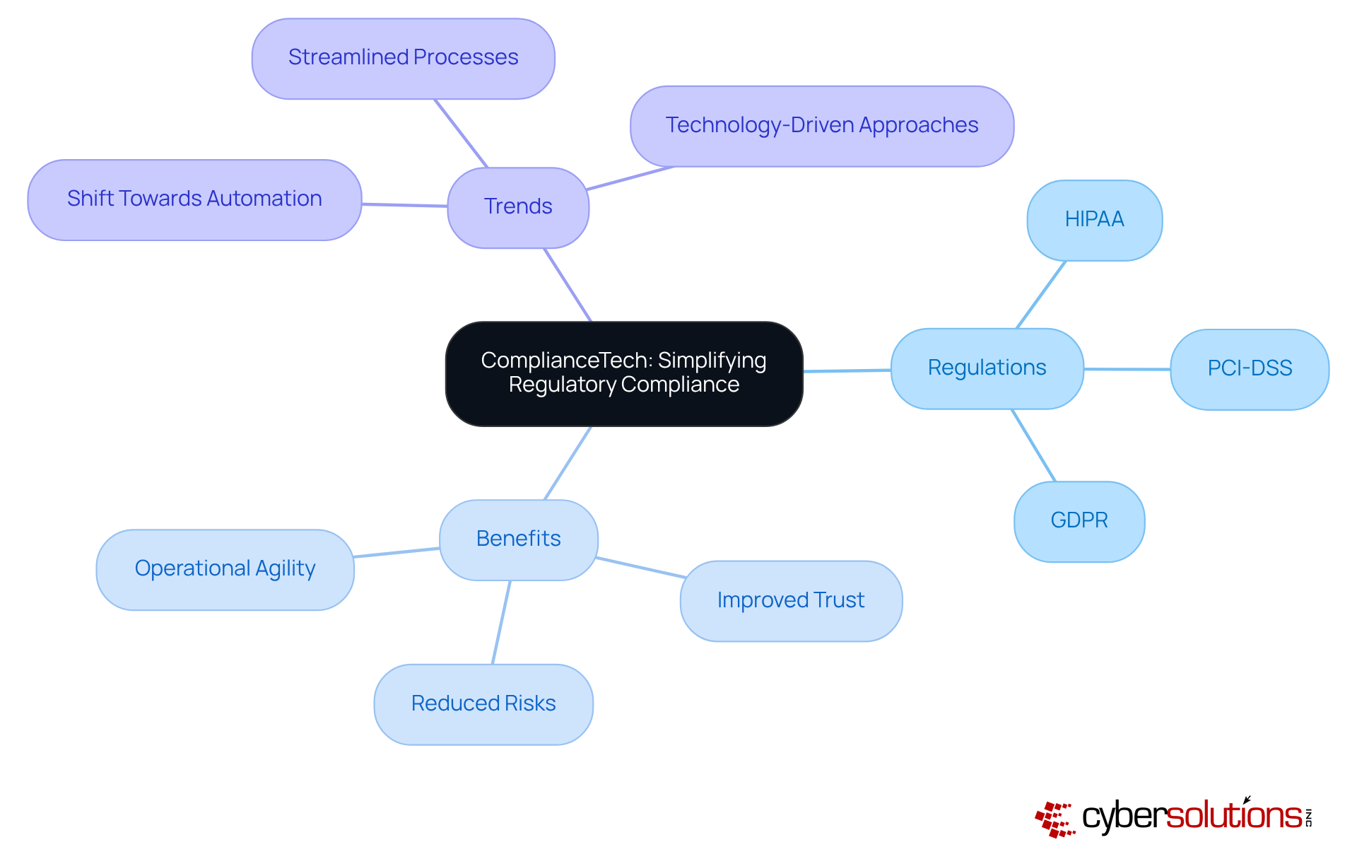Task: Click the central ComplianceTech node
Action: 624,373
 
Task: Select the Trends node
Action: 518,207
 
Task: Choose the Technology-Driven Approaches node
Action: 821,127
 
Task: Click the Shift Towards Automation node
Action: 194,199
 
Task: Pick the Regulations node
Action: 987,368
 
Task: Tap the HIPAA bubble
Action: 1094,220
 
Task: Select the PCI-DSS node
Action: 1249,369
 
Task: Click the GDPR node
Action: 1079,521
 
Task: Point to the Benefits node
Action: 518,539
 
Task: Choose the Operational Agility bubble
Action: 225,569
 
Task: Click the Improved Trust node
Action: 790,601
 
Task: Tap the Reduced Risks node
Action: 483,704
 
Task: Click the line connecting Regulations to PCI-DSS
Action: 1127,369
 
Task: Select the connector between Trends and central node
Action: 568,285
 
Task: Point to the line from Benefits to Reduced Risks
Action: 501,622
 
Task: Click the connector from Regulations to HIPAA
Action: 1041,295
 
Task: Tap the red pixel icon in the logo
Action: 1054,819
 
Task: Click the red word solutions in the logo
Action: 1233,816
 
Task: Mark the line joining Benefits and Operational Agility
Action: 396,553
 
